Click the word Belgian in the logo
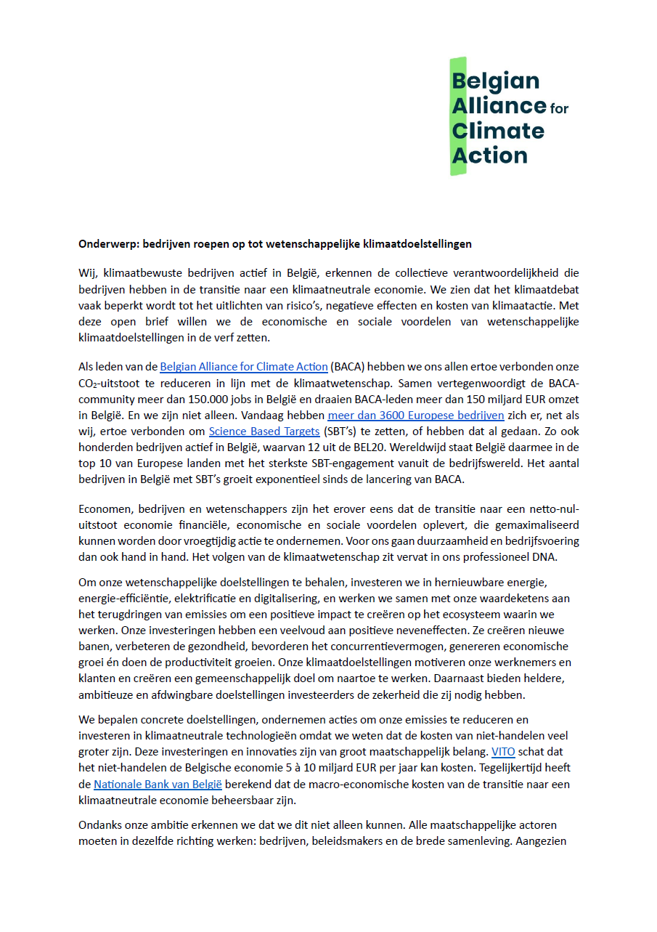tap(496, 81)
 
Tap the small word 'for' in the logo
tap(559, 109)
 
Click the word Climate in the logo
tap(498, 131)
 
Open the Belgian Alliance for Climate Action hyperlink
tap(244, 367)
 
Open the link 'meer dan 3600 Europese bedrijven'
tap(415, 416)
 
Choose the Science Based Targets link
tap(264, 431)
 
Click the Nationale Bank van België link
tap(158, 784)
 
